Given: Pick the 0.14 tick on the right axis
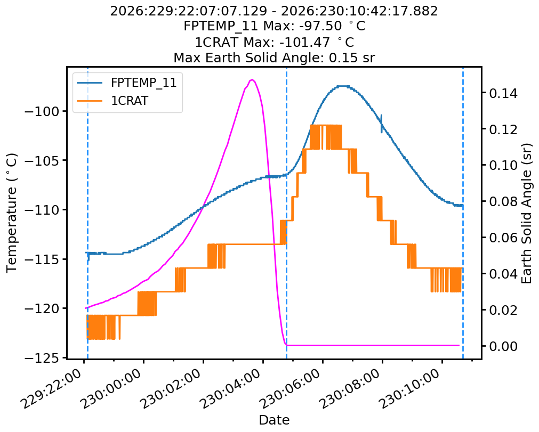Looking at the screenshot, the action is (x=503, y=93).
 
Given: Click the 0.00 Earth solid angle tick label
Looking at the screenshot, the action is (x=503, y=346).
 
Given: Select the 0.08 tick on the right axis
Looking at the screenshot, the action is (x=503, y=201).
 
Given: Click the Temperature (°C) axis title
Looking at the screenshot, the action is (x=11, y=213).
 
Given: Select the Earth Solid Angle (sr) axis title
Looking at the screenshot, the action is (x=527, y=213).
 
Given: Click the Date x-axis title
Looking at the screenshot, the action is (x=274, y=420).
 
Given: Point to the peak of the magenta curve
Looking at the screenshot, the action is (x=252, y=80).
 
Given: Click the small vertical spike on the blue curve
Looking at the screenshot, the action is (x=382, y=124).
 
